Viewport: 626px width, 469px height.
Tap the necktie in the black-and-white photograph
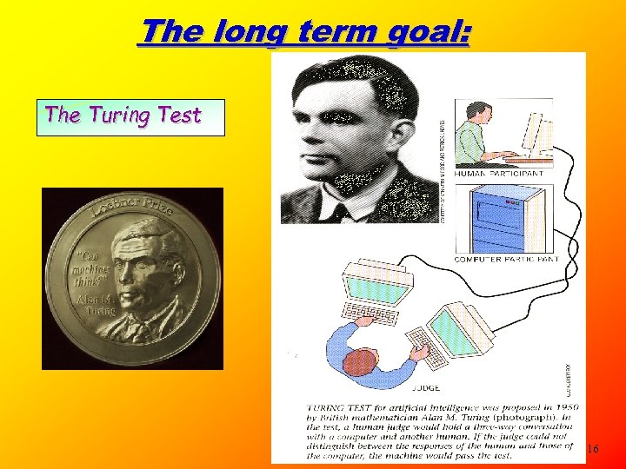[x=340, y=210]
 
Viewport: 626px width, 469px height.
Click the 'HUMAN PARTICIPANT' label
[x=499, y=174]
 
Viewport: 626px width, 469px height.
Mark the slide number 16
[x=593, y=449]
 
